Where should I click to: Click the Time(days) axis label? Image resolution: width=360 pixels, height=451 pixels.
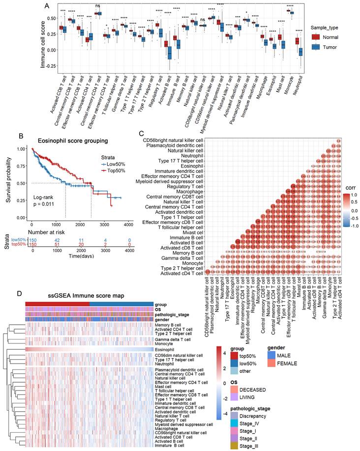tap(82, 256)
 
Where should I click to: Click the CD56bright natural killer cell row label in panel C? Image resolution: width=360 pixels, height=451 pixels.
tap(177, 141)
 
